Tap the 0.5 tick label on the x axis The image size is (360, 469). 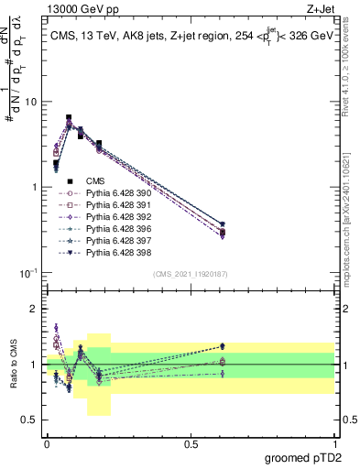(191, 442)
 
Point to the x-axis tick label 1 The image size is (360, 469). (334, 442)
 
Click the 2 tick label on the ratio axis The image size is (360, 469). (35, 309)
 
